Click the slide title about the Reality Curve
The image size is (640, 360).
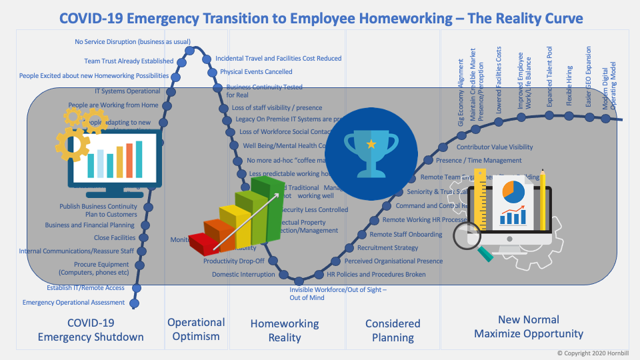321,17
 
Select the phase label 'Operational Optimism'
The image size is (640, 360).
196,329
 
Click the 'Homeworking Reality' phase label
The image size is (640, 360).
285,330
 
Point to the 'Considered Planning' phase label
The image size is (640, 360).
393,330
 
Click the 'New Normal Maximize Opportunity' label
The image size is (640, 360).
529,327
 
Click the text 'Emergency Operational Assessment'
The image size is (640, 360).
73,302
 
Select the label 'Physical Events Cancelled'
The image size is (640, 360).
256,72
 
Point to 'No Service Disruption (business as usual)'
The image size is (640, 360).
133,41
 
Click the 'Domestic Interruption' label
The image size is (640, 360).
243,275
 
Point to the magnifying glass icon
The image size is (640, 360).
471,237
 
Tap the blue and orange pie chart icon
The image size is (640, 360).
513,191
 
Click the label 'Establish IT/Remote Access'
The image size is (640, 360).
85,288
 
